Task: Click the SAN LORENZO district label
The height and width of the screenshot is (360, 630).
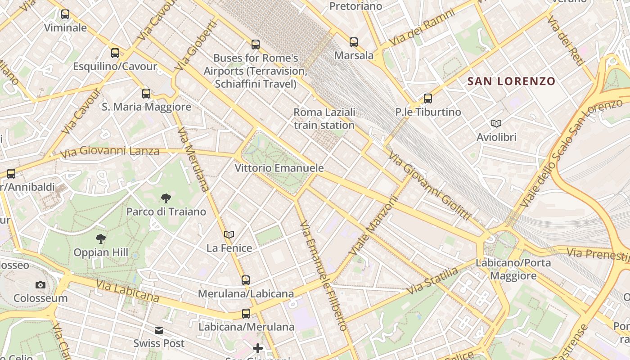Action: [x=511, y=81]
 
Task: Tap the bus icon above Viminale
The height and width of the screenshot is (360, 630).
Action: [x=65, y=14]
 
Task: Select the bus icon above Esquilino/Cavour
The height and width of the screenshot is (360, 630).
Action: [x=115, y=53]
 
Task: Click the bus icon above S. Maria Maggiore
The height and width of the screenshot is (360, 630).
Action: [x=146, y=94]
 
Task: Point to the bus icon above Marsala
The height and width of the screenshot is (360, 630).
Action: [x=354, y=42]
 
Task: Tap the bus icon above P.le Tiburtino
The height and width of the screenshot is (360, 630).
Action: [x=428, y=99]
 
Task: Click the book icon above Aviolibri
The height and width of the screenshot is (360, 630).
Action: [x=496, y=124]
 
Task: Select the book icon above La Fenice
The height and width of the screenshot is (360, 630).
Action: [x=229, y=234]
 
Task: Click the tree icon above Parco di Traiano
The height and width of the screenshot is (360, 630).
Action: [x=166, y=198]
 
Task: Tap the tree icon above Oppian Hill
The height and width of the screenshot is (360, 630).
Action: [x=101, y=239]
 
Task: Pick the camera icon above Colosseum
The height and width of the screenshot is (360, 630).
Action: [x=40, y=285]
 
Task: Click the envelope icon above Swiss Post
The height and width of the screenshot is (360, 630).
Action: [x=159, y=330]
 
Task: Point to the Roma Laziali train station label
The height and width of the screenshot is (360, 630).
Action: [x=324, y=118]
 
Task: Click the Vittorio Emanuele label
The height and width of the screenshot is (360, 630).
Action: [x=279, y=168]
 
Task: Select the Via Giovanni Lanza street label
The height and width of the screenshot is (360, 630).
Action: [x=110, y=152]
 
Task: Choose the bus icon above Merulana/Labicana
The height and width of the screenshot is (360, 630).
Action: [x=246, y=280]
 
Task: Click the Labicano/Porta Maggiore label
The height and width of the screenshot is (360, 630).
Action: [x=513, y=269]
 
